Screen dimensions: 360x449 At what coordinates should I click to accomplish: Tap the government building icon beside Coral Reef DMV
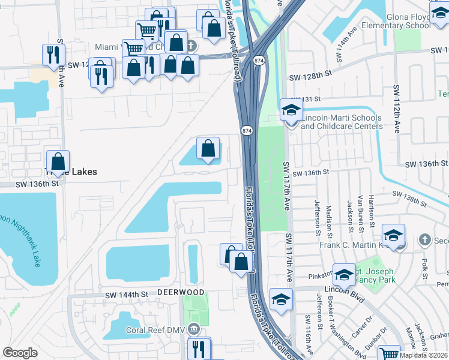(x=193, y=329)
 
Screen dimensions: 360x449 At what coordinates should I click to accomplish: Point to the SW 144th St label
(x=126, y=295)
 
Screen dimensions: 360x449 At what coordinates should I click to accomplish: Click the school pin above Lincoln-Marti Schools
(x=291, y=111)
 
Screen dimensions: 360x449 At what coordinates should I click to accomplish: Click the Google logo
(x=20, y=352)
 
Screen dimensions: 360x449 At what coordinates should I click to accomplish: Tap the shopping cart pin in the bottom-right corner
(x=390, y=354)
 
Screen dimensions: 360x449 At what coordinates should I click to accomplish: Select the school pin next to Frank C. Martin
(x=393, y=236)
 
